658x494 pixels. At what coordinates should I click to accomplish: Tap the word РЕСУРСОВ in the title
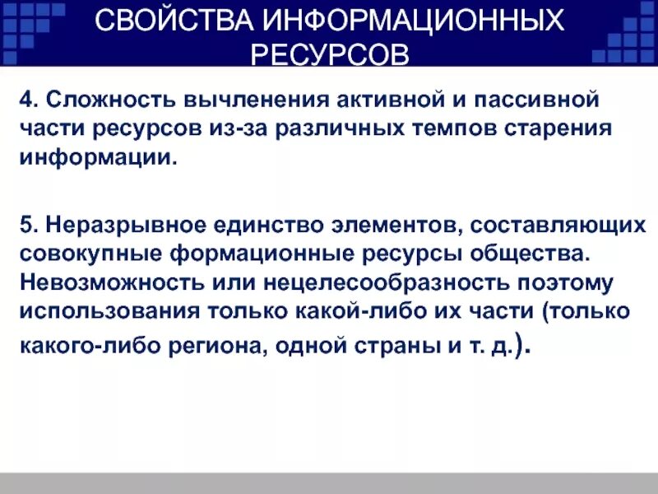point(329,56)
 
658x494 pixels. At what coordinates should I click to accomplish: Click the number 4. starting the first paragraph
point(30,100)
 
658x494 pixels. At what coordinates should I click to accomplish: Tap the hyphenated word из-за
point(259,128)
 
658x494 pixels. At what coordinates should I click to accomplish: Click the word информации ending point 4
point(95,156)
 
